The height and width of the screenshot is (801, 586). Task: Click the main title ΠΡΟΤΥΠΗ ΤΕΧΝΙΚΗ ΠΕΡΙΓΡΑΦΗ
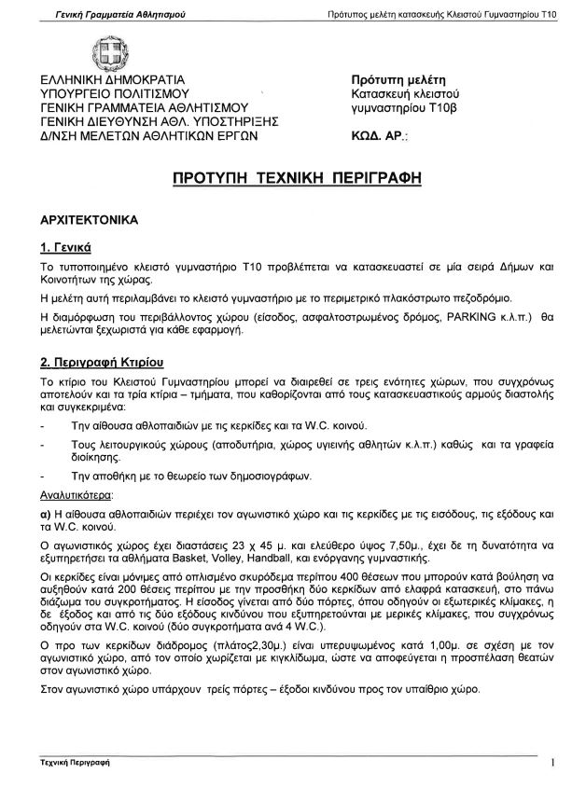[x=292, y=176]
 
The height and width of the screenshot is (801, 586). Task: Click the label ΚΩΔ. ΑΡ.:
[x=378, y=136]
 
